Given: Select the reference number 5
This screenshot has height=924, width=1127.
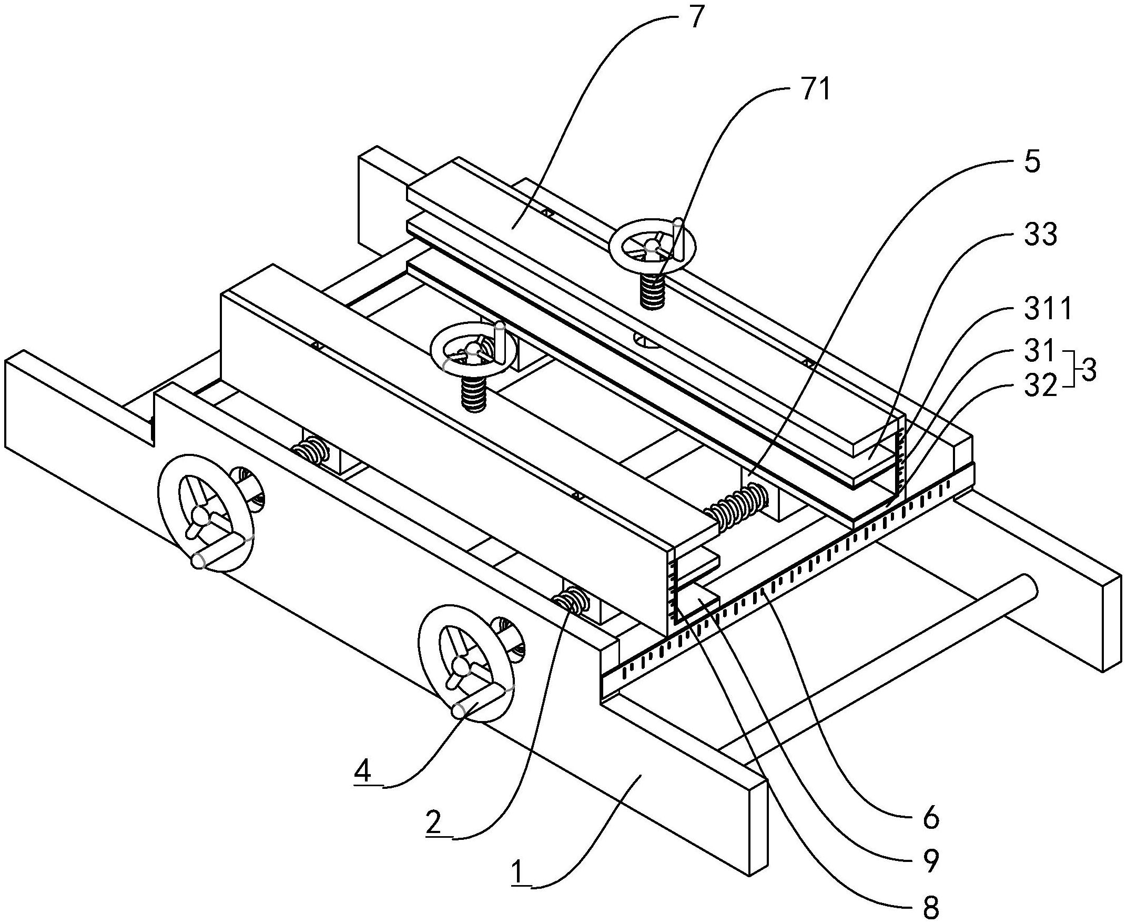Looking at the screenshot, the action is [x=1031, y=163].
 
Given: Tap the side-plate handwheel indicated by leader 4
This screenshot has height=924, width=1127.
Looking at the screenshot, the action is [x=466, y=663].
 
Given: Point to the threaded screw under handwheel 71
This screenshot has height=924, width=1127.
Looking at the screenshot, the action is [x=652, y=291].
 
